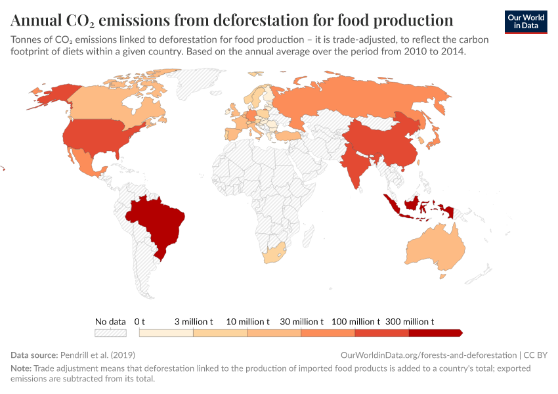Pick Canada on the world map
coord(105,102)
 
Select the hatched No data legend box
coord(110,333)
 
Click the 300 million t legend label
coord(410,322)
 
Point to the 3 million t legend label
coord(194,322)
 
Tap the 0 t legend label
coord(139,322)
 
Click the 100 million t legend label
coord(355,322)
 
